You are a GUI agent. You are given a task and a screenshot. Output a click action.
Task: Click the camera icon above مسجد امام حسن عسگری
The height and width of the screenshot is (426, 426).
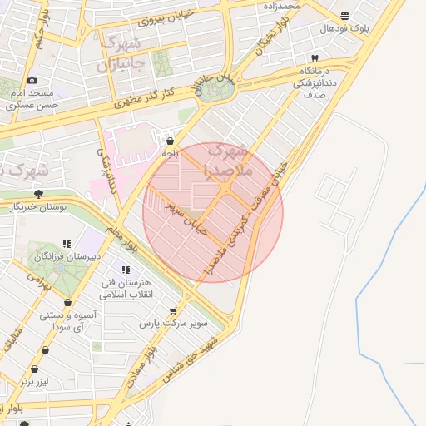point(32,81)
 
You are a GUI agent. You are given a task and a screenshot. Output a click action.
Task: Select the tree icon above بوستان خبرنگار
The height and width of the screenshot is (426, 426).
point(39,193)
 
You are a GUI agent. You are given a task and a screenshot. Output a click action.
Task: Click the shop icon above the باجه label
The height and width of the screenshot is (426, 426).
point(171,141)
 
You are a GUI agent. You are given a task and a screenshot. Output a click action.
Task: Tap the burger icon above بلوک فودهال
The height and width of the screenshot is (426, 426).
point(344,16)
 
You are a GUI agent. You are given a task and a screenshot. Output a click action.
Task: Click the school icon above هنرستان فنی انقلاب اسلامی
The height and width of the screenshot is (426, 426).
point(126,270)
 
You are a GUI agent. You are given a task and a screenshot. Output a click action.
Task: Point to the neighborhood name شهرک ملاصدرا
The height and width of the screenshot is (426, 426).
point(226,161)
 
